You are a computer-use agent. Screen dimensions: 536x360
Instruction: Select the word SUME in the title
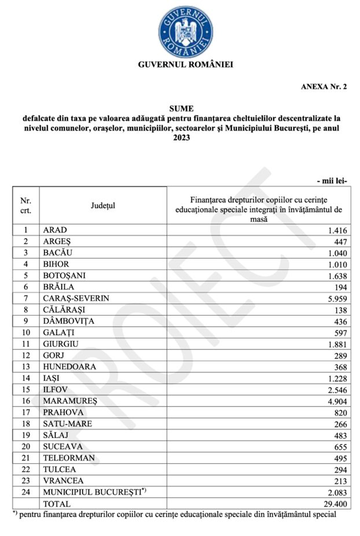[x=181, y=108]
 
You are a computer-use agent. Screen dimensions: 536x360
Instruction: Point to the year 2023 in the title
[x=181, y=139]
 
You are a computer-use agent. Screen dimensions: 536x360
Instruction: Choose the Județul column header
[x=103, y=205]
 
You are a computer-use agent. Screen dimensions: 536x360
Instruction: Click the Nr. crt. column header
[x=26, y=205]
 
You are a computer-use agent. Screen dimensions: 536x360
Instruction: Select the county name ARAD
[x=55, y=230]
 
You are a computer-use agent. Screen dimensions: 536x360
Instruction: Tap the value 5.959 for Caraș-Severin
[x=337, y=298]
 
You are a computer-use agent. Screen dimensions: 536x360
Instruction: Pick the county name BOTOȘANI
[x=64, y=275]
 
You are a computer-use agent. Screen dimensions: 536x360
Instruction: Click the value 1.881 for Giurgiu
[x=337, y=344]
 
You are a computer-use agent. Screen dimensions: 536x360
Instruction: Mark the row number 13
[x=26, y=367]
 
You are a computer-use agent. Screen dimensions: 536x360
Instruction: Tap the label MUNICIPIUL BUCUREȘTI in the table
[x=93, y=492]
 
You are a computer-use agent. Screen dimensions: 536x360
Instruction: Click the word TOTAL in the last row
[x=57, y=503]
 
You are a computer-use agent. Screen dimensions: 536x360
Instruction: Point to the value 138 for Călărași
[x=341, y=310]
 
